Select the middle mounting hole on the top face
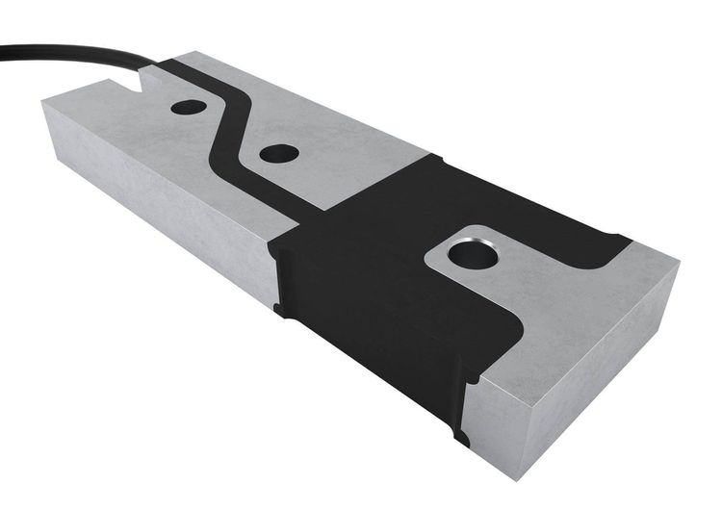[279, 152]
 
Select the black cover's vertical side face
[366, 346]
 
